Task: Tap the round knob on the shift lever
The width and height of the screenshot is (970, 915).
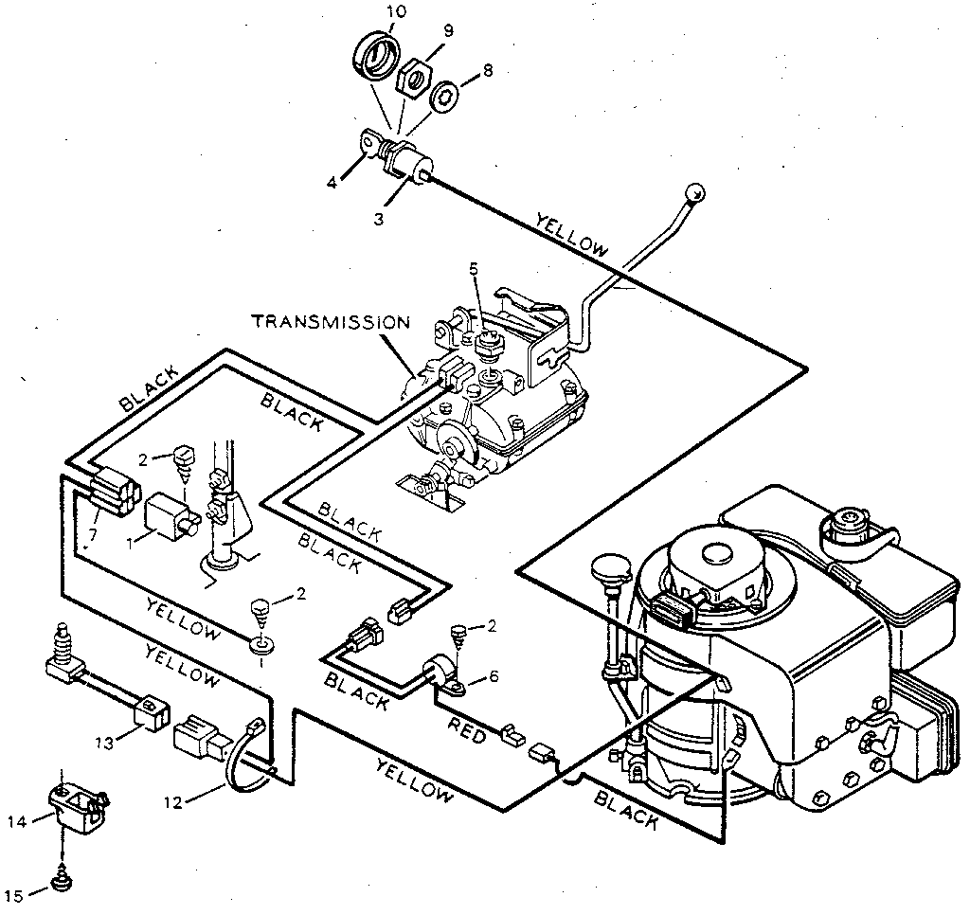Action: coord(696,189)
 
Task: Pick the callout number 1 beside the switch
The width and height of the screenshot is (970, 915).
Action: coord(132,544)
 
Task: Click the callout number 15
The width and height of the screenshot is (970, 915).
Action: coord(12,893)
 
